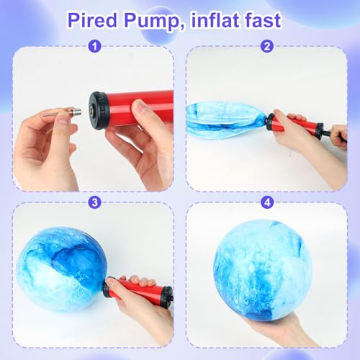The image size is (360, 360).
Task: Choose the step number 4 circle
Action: point(268,202)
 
